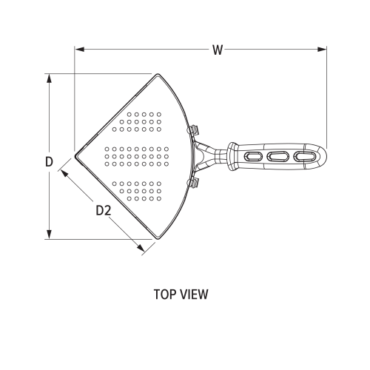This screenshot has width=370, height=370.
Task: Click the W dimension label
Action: coord(217,50)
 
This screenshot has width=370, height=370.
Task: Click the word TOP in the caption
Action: coord(165,295)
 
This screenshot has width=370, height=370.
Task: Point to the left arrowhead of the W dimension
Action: coord(78,50)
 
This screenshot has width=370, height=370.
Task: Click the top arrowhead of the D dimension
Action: coord(49,76)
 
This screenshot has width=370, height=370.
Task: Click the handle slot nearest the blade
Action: coord(249,156)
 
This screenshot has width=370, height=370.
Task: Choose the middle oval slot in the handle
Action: coord(278,156)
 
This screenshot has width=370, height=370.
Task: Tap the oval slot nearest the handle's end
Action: coord(304,156)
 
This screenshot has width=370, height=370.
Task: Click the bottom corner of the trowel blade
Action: coord(158,238)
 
